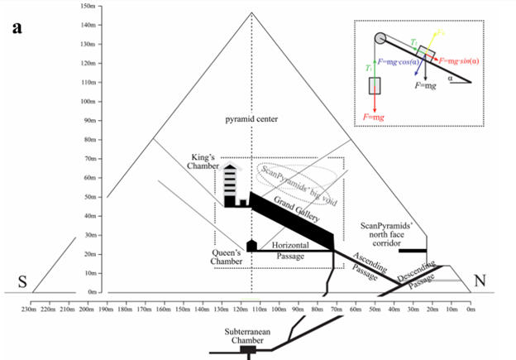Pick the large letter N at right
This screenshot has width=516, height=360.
(x=480, y=281)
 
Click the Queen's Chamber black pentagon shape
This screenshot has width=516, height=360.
(x=251, y=245)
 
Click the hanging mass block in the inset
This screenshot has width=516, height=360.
(x=376, y=86)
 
